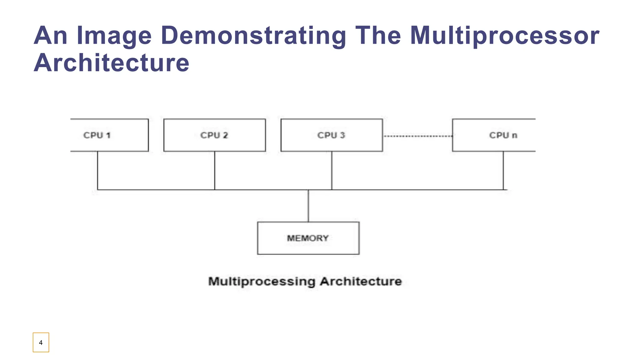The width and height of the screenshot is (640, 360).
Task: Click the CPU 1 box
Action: [x=109, y=135]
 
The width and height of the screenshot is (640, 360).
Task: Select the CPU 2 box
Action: [x=214, y=135]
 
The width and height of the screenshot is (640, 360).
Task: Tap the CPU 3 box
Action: [x=332, y=135]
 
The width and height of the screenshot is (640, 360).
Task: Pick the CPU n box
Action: [x=494, y=135]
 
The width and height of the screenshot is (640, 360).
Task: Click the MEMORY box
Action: [x=308, y=238]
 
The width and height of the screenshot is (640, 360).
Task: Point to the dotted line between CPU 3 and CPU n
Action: [x=417, y=136]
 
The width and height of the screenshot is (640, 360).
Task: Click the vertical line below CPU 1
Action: [x=97, y=170]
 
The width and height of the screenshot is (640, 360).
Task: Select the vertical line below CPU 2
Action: [x=215, y=170]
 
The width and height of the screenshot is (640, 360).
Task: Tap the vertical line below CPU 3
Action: [x=332, y=170]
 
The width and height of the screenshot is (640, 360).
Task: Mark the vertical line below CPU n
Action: [x=503, y=170]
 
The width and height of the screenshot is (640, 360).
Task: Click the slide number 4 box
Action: [x=41, y=342]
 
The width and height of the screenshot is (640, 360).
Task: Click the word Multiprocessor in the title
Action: [x=504, y=36]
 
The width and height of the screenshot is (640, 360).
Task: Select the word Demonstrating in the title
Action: [x=253, y=36]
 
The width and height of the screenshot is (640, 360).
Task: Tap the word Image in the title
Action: [x=114, y=36]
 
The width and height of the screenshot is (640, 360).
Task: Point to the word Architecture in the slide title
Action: [x=112, y=63]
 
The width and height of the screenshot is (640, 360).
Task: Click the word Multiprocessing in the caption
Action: [x=262, y=281]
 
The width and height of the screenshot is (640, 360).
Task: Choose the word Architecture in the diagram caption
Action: [x=361, y=281]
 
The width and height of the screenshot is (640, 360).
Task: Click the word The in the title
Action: [x=378, y=36]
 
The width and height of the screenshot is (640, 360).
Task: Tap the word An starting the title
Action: [x=51, y=36]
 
